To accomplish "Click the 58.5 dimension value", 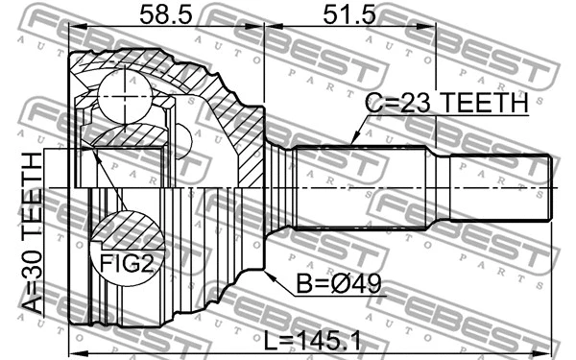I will (x=162, y=16).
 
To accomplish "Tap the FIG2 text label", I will (x=124, y=263).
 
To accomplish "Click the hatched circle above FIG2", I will (x=124, y=233).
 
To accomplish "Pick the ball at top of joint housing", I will (x=120, y=93).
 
